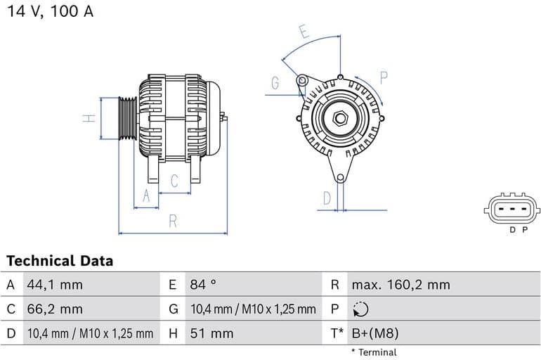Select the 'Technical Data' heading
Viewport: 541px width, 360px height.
(x=60, y=261)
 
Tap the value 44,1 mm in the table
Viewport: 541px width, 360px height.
(x=55, y=285)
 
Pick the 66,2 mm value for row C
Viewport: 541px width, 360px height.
(x=55, y=309)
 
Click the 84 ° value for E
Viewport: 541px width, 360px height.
(x=203, y=285)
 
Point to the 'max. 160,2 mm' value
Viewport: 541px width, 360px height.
(x=400, y=285)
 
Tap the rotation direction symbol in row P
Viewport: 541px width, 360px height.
(x=359, y=309)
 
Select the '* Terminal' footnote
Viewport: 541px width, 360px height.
(x=374, y=352)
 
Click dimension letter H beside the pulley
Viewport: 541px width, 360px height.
(x=89, y=118)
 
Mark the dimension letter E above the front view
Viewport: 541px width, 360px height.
(x=304, y=32)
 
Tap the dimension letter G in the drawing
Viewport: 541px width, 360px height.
(x=275, y=83)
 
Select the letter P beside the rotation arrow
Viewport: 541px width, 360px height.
(x=384, y=77)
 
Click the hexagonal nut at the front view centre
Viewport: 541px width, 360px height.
(x=341, y=117)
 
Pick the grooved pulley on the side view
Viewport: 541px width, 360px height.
(x=128, y=118)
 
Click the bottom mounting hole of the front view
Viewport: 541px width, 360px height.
(x=340, y=177)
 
